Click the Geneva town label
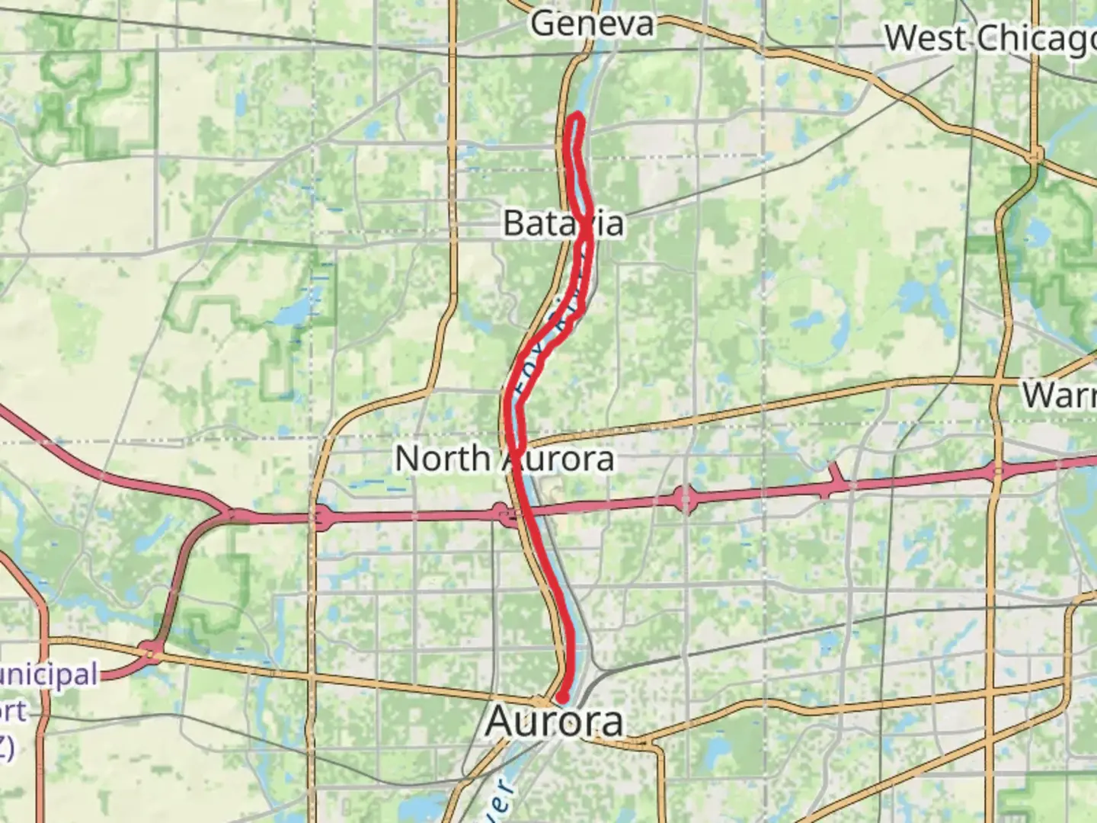click(592, 24)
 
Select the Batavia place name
click(563, 223)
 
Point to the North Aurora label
click(504, 459)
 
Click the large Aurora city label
click(554, 721)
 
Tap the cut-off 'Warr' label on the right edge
click(1059, 395)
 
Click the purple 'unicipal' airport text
click(49, 675)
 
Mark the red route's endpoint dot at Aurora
click(562, 697)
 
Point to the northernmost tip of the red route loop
click(577, 116)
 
